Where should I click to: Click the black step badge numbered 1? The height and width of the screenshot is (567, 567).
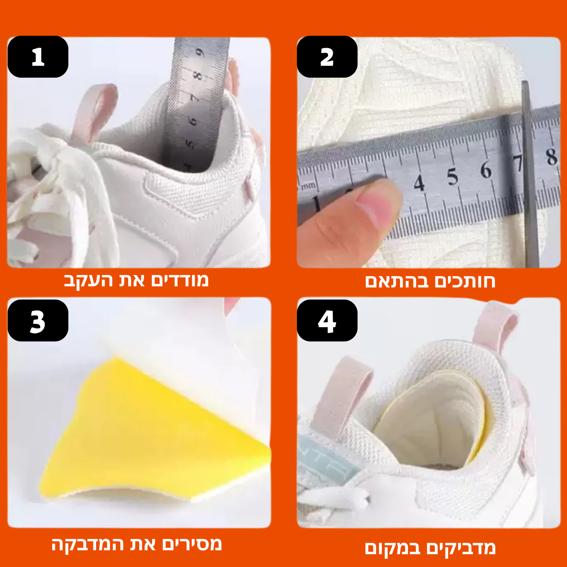pos(38,57)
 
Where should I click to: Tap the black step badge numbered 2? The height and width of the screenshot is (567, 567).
pos(327,57)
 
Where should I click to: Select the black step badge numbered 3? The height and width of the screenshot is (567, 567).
pos(38,321)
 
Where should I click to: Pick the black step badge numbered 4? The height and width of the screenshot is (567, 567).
pos(327,321)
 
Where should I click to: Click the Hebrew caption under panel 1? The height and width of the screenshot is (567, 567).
pos(136,281)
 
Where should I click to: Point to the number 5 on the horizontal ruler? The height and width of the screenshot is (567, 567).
pos(452,177)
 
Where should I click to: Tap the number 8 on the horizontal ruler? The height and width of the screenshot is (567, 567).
pos(552,157)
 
